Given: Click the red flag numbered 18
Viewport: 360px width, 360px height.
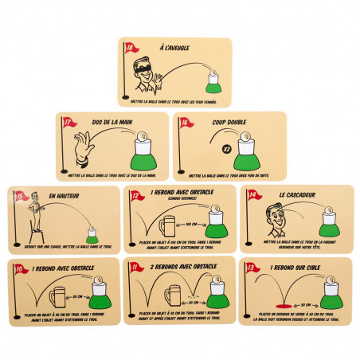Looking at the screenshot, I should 130,49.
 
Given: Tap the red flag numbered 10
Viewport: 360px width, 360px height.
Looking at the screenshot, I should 19,268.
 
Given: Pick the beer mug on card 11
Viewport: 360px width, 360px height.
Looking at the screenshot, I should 173,296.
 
